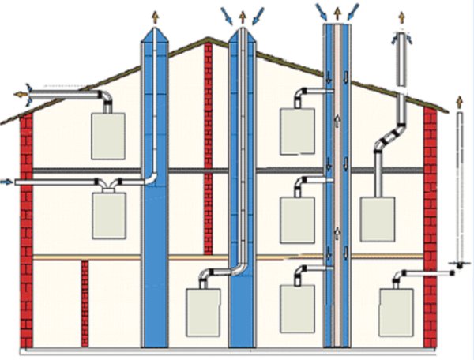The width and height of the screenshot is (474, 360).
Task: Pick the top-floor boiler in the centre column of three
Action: (x=296, y=131)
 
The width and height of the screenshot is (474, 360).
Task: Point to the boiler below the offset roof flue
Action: (x=377, y=219)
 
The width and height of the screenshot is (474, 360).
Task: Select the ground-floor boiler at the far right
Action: (x=395, y=312)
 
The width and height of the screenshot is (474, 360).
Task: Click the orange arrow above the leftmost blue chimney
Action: (x=154, y=15)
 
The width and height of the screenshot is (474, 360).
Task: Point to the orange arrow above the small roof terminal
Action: (x=402, y=17)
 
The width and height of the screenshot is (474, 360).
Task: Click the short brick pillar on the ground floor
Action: (x=85, y=303)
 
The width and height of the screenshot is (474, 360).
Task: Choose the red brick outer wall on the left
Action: (x=26, y=229)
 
